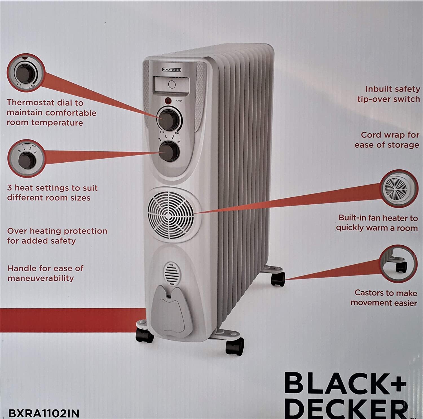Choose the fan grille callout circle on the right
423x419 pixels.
(x=398, y=189)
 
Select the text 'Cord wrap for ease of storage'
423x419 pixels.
(x=387, y=140)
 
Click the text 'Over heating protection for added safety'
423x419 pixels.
(x=57, y=236)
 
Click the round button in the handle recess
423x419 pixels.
(x=172, y=84)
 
